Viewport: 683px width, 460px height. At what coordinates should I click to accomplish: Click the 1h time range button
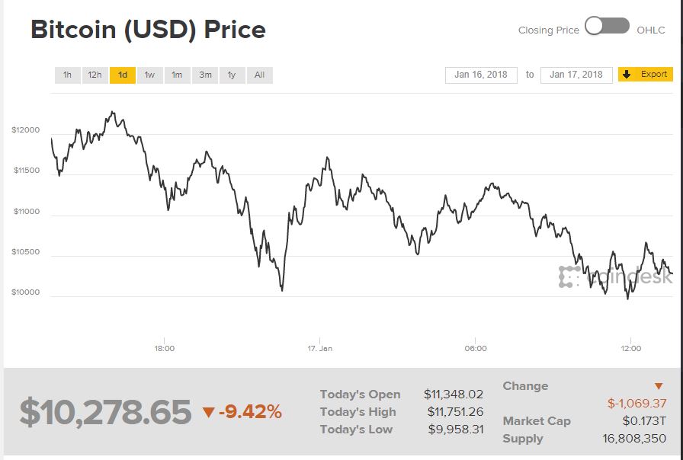click(x=67, y=75)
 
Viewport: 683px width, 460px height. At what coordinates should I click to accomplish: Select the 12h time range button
click(x=95, y=75)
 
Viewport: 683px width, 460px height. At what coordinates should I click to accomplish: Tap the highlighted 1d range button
click(x=123, y=75)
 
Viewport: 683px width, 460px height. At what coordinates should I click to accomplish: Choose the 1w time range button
click(x=149, y=75)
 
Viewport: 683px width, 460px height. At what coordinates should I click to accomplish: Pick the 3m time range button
click(x=205, y=75)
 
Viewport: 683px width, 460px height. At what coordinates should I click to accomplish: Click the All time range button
click(x=259, y=75)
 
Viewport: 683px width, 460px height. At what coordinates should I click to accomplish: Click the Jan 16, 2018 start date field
click(x=481, y=75)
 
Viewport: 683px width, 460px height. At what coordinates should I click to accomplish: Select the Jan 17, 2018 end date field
click(x=576, y=75)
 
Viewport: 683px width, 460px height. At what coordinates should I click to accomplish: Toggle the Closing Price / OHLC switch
click(x=607, y=27)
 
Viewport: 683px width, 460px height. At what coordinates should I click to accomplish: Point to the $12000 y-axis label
click(x=26, y=130)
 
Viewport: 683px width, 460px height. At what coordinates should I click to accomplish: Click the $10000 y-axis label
click(x=26, y=292)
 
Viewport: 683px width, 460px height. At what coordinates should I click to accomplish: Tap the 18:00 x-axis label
click(x=165, y=348)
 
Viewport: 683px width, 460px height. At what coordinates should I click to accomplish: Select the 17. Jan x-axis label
click(x=321, y=348)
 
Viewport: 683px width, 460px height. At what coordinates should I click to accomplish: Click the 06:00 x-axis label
click(x=476, y=348)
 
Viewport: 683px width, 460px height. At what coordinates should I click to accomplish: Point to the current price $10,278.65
click(x=105, y=412)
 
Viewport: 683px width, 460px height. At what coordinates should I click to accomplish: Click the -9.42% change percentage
click(x=249, y=412)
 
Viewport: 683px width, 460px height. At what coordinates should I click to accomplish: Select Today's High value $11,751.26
click(x=454, y=412)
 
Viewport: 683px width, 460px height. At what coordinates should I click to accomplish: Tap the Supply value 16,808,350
click(x=633, y=439)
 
